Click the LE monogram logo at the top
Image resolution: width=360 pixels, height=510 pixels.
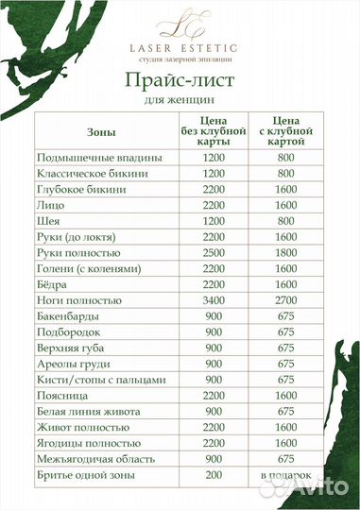click(179, 22)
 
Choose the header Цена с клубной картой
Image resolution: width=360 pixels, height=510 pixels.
click(286, 133)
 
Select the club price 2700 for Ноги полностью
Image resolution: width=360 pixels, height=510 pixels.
click(286, 300)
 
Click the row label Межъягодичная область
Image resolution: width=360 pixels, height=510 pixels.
click(98, 459)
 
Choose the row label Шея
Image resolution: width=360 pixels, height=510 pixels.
click(48, 221)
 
